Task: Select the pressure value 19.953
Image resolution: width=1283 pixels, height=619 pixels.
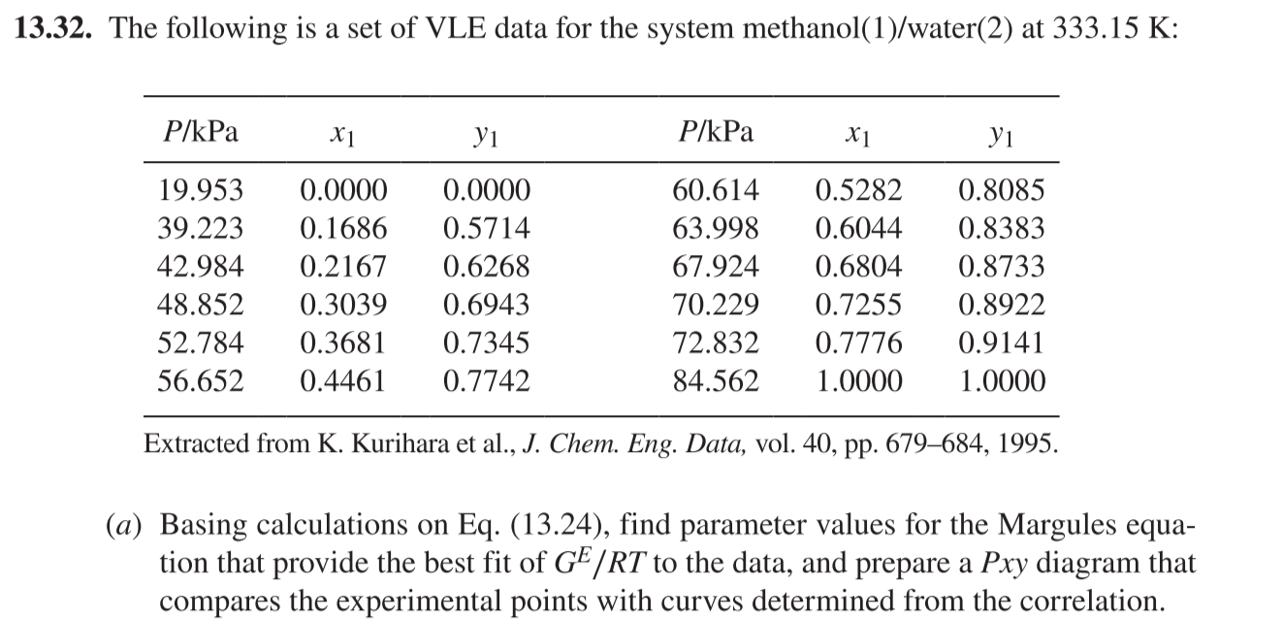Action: click(200, 189)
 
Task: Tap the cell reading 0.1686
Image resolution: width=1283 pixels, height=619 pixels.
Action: click(342, 229)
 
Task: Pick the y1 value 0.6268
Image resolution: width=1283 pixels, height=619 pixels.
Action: click(486, 267)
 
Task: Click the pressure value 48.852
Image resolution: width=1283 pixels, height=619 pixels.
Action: click(200, 306)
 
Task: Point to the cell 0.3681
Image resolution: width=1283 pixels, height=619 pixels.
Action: click(342, 343)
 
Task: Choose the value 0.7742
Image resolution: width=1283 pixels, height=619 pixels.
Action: click(486, 381)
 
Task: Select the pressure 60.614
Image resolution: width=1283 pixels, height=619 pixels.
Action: click(716, 189)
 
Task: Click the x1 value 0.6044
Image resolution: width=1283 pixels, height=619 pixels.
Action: click(858, 229)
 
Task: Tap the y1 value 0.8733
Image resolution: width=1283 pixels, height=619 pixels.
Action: click(1002, 267)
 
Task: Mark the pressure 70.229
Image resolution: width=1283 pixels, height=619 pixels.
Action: click(716, 306)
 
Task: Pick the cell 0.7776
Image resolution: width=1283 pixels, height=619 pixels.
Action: click(858, 343)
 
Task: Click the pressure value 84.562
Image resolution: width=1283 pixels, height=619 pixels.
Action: click(716, 381)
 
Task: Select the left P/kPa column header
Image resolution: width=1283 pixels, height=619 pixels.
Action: click(198, 132)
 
